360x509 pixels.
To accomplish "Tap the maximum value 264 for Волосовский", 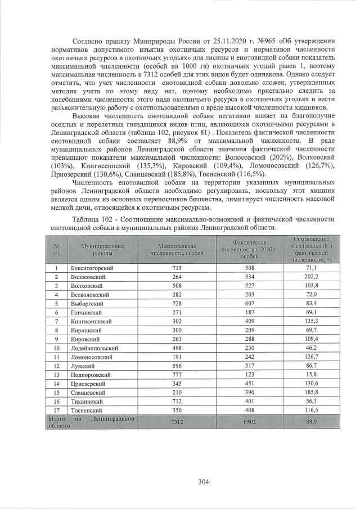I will pos(177,277).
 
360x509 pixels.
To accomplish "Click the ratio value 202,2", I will pos(310,277).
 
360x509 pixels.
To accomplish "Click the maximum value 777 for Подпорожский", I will pos(177,375).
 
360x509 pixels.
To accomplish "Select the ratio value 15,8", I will pos(310,375).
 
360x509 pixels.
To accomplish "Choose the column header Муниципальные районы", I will pos(102,250).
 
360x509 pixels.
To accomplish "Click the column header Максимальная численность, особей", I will pos(177,250).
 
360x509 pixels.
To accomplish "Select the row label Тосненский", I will pos(87,411).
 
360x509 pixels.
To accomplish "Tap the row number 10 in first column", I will pos(57,349).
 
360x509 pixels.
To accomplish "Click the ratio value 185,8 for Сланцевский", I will pos(310,393).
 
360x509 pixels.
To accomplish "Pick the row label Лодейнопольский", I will pos(93,349).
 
